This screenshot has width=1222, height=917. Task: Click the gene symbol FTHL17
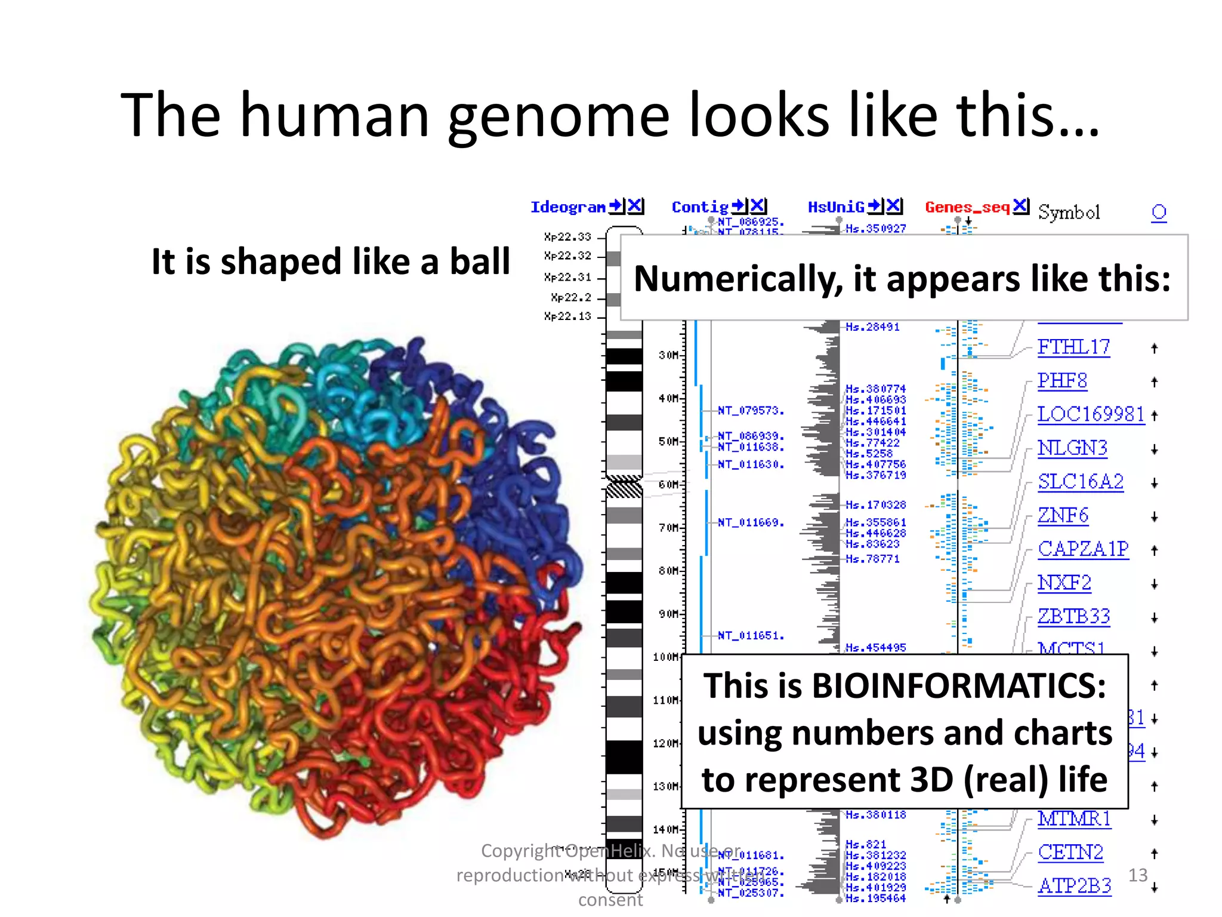[x=1073, y=347]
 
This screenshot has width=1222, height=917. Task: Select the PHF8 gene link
[x=1062, y=380]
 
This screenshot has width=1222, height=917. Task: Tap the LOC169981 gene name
[x=1091, y=414]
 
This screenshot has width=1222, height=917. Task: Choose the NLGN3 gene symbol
[x=1072, y=448]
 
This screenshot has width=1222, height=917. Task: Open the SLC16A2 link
[x=1081, y=481]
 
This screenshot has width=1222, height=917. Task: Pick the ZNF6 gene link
[x=1063, y=515]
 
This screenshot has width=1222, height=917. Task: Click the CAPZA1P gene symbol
[x=1083, y=549]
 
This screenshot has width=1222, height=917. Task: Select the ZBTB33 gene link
[x=1073, y=616]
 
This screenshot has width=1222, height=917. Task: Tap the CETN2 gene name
[x=1070, y=852]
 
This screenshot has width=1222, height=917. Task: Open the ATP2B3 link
[x=1074, y=885]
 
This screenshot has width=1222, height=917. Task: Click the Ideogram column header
[x=567, y=207]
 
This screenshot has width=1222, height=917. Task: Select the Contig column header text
[x=700, y=207]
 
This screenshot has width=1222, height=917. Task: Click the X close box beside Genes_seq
[x=1021, y=206]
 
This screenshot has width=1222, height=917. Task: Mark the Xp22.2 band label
[x=571, y=297]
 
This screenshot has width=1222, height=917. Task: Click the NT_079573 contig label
[x=750, y=411]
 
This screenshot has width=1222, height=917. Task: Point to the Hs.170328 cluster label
[x=875, y=505]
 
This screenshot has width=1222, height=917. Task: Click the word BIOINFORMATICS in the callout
[x=959, y=685]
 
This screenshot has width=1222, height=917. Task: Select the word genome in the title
[x=558, y=115]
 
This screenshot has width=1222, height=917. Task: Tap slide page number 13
[x=1138, y=875]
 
